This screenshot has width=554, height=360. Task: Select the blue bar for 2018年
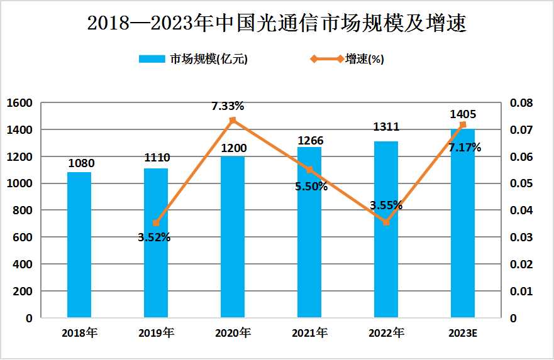79,245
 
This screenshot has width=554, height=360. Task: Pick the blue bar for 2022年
386,230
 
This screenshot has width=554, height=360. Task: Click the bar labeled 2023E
463,224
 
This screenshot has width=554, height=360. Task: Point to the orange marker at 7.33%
233,120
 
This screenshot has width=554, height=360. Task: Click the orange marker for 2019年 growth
156,223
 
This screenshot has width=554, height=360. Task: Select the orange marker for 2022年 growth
386,222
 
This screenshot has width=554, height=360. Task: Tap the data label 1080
81,163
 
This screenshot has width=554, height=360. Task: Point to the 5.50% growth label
311,186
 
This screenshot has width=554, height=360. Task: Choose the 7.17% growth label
465,148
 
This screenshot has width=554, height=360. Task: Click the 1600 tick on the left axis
19,103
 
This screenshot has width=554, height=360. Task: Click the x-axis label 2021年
309,332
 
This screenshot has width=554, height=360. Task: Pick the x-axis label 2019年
156,332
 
